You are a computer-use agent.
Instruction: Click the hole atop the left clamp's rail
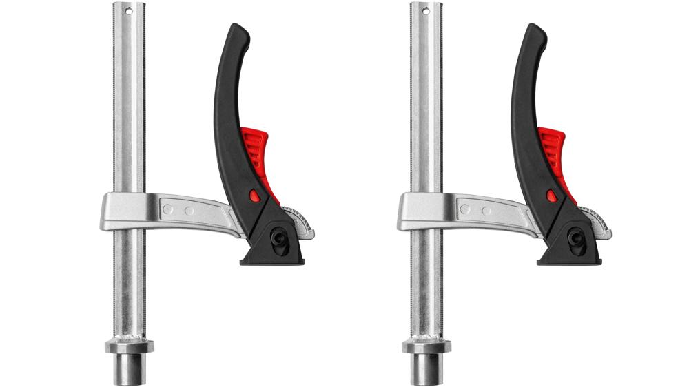tap(129, 11)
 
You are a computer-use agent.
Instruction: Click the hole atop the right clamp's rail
tap(426, 11)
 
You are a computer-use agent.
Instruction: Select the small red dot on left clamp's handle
tap(256, 196)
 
